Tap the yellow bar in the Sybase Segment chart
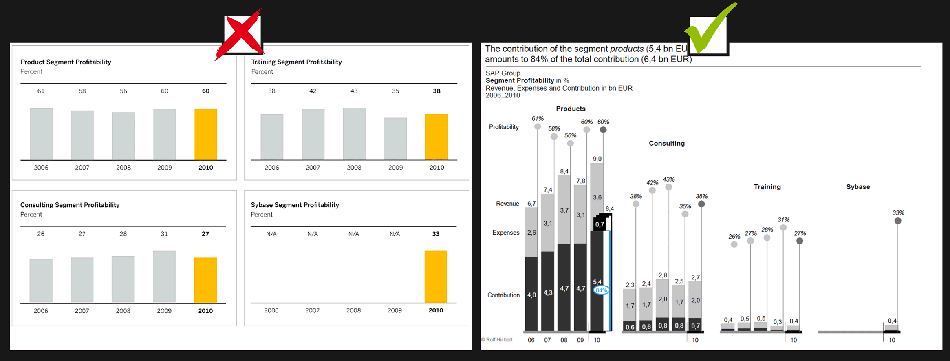[x=436, y=277]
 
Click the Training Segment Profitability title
[x=296, y=62]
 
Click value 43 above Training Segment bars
[x=354, y=91]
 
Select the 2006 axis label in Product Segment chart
[x=41, y=168]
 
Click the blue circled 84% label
[x=601, y=290]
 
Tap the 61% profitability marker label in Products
[x=538, y=119]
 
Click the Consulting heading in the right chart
[x=667, y=144]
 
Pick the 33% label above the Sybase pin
[x=898, y=213]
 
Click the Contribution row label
[x=503, y=295]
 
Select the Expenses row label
[x=506, y=233]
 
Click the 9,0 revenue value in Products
[x=597, y=159]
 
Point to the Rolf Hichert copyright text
[x=497, y=340]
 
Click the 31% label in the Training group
[x=783, y=220]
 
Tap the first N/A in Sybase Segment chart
[x=271, y=234]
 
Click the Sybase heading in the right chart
[x=858, y=187]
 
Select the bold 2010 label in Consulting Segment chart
[x=205, y=311]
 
